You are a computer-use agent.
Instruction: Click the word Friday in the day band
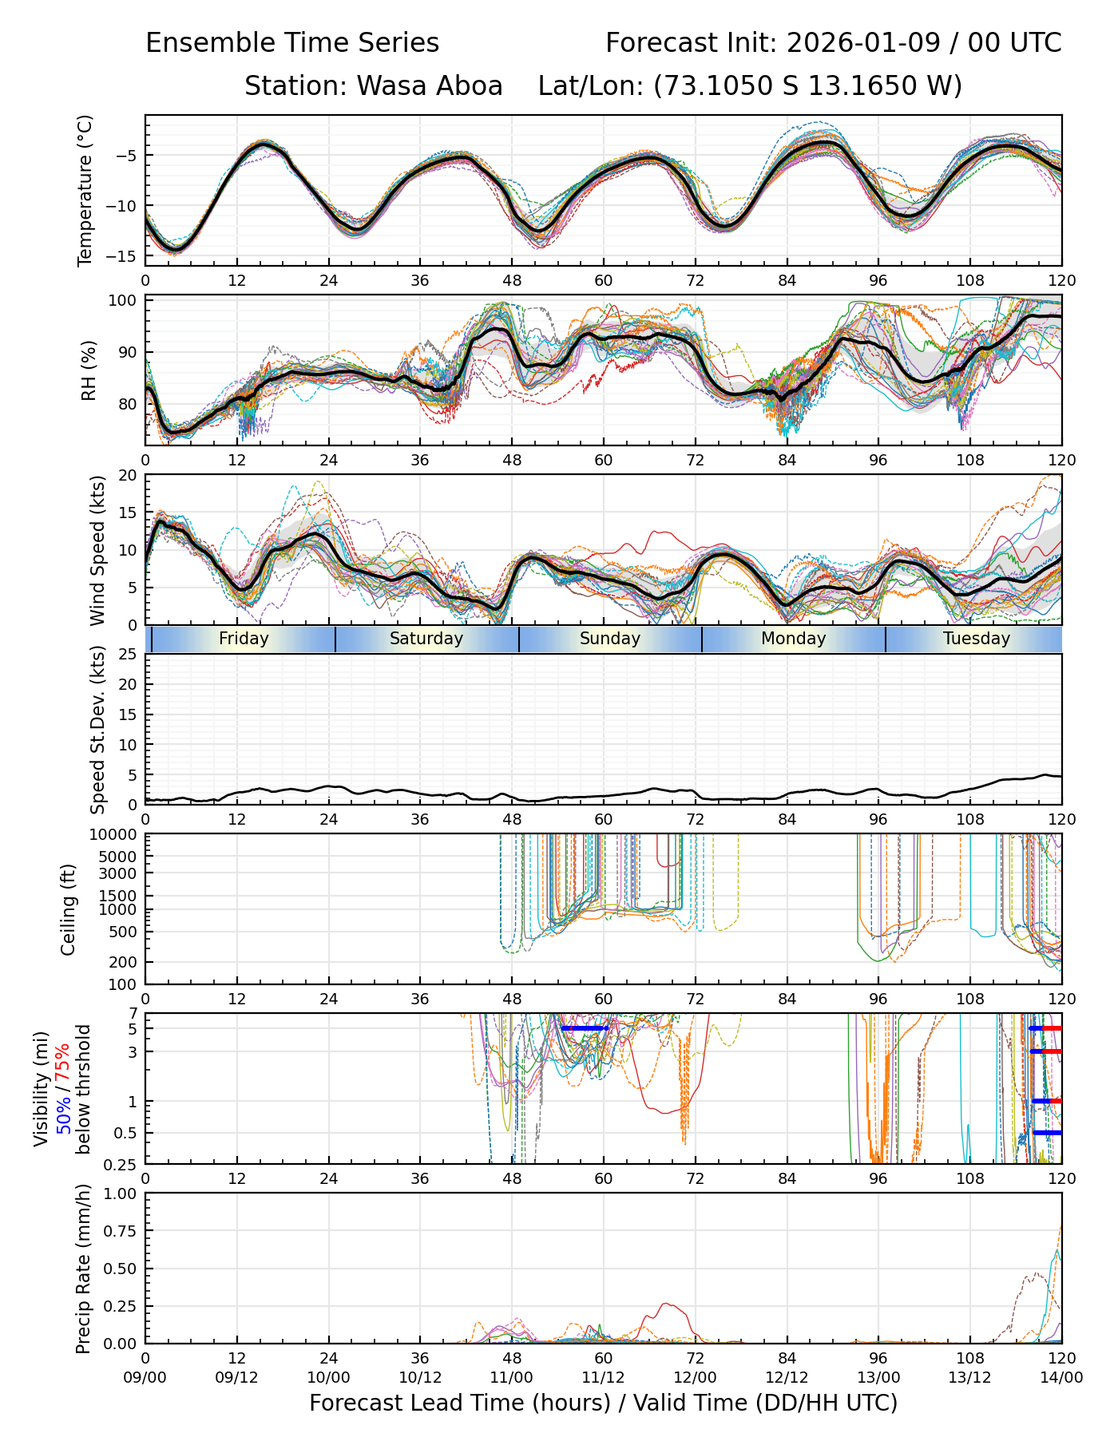244,639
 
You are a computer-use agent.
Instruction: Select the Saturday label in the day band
426,639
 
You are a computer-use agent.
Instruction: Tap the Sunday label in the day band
610,639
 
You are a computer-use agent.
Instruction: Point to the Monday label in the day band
793,639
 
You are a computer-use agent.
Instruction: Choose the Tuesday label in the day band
977,639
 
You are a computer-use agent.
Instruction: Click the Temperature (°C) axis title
85,190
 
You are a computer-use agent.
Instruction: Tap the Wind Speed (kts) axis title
97,550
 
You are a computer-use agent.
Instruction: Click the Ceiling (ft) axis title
69,909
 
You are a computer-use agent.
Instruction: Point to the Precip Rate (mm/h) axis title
83,1269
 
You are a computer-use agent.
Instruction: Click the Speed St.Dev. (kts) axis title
97,730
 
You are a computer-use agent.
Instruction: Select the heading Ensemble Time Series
292,43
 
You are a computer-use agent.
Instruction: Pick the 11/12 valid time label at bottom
603,1378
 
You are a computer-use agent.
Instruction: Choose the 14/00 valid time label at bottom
1061,1378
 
